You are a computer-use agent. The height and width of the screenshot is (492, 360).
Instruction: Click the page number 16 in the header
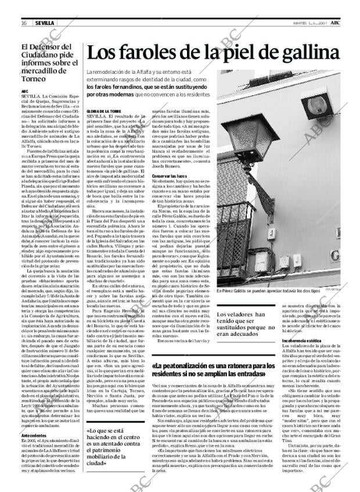(23, 23)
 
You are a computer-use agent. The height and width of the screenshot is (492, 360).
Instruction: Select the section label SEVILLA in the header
(44, 23)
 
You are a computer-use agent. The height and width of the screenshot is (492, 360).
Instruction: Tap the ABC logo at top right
(344, 22)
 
